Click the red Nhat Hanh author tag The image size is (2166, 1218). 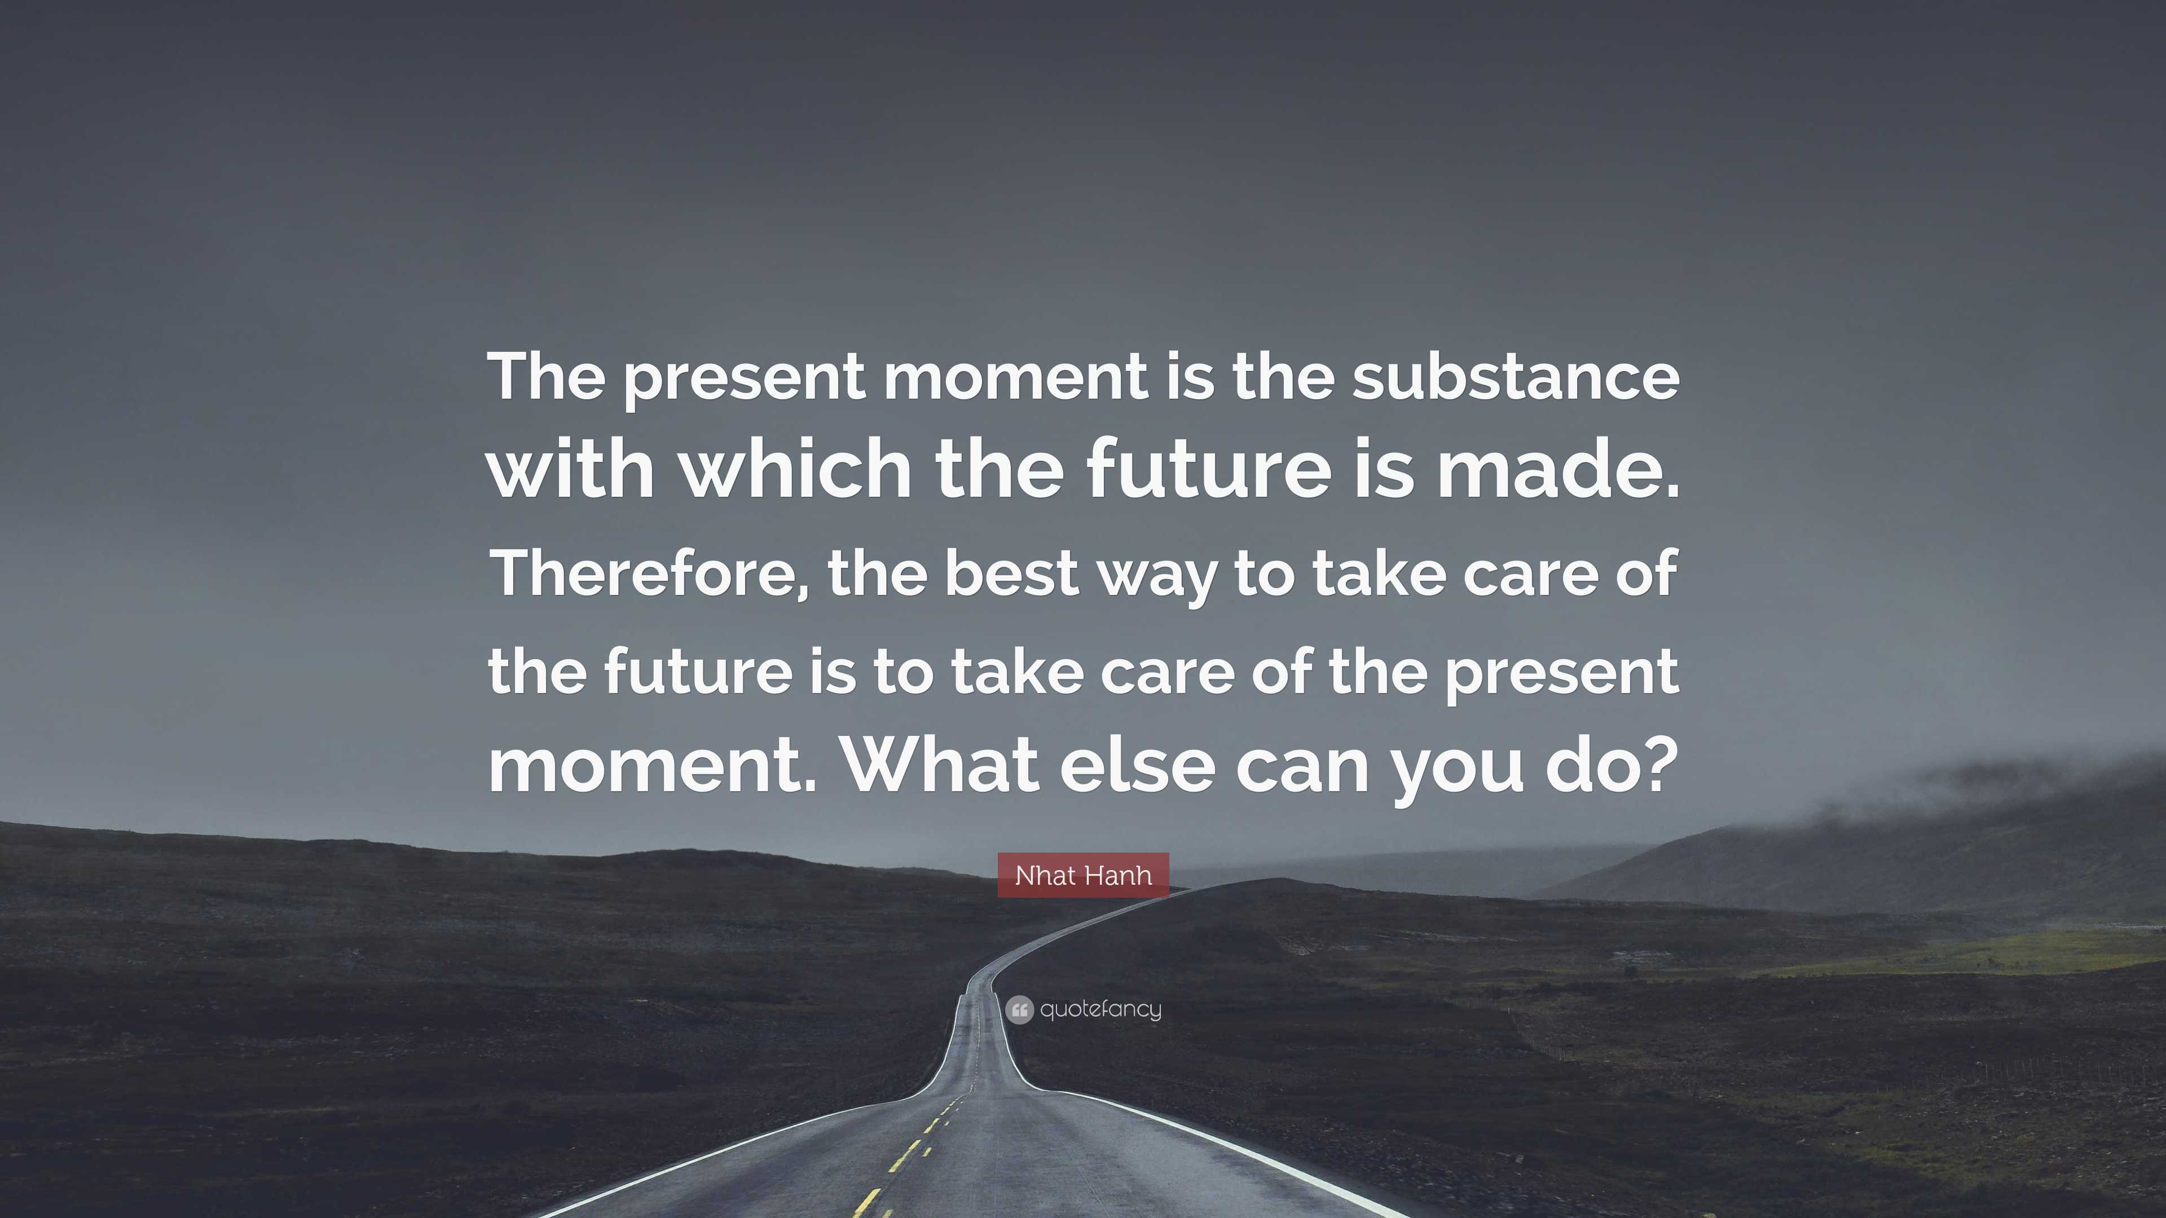click(x=1083, y=875)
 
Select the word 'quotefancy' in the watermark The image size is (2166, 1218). click(x=1100, y=1009)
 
